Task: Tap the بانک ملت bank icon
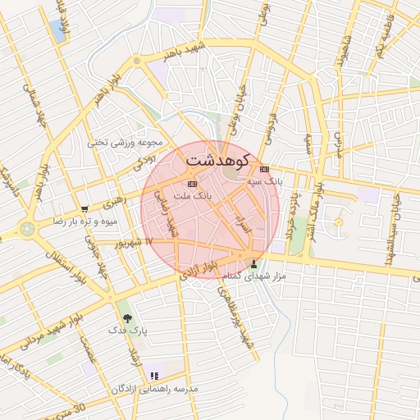coord(192,184)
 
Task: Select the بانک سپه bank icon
coord(263,169)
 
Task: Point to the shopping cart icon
coord(84,209)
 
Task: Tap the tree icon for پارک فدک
coord(126,317)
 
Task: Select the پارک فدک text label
coord(127,330)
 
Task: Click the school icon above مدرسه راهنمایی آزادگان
coord(154,377)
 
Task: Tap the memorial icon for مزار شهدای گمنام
coord(253,264)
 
